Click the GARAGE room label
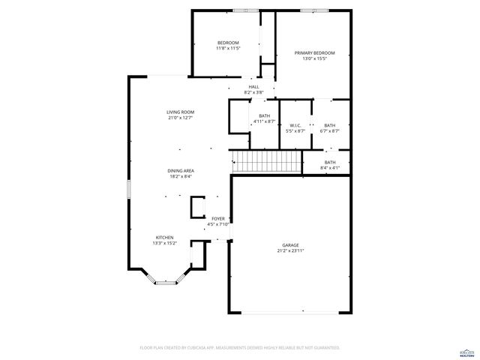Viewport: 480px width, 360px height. point(290,245)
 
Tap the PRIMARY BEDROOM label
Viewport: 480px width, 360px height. point(314,53)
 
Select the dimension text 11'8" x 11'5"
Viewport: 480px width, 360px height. point(228,48)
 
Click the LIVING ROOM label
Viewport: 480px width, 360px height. point(180,112)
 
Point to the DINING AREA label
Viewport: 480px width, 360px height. point(180,171)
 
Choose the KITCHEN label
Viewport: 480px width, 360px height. point(164,237)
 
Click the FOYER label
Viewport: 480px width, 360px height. point(217,218)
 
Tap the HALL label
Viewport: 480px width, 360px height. point(254,87)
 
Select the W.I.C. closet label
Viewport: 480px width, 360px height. point(295,125)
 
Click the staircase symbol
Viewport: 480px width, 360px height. point(266,160)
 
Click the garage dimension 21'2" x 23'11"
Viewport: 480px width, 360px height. point(290,251)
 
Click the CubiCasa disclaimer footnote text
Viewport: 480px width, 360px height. point(240,348)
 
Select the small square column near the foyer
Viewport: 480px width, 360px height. point(198,206)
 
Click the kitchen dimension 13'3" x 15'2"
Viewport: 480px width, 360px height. point(164,243)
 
